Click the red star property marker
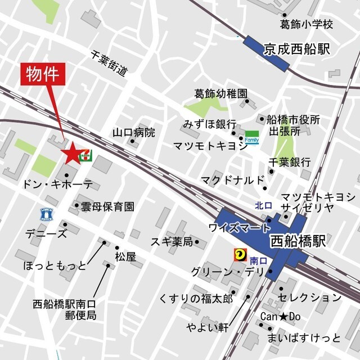point(72,152)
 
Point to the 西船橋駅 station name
point(298,242)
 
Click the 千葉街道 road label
point(109,63)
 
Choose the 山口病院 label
point(133,133)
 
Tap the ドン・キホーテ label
point(57,184)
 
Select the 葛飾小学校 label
point(307,24)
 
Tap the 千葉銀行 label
point(290,162)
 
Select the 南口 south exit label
point(258,260)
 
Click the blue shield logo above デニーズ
point(47,213)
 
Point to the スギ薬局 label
point(172,242)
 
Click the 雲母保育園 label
point(107,206)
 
